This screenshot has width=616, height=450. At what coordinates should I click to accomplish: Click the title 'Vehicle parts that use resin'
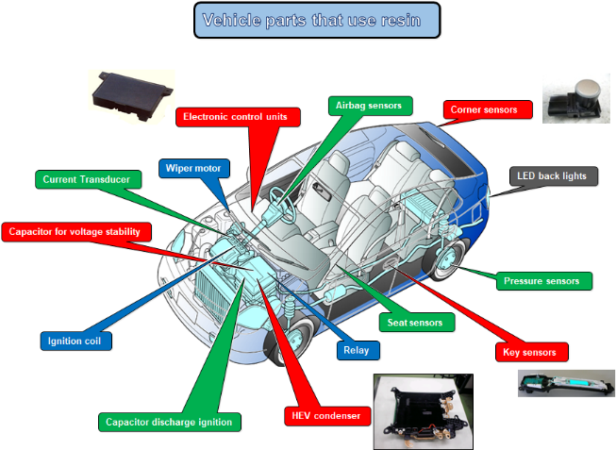coord(318,20)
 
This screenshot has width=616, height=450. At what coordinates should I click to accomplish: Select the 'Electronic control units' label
coord(237,116)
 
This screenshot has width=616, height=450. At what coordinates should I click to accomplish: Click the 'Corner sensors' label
coord(483,109)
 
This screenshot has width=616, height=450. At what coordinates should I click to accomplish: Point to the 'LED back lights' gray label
coord(553,175)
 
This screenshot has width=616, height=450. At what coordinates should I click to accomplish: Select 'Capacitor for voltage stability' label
coord(75,231)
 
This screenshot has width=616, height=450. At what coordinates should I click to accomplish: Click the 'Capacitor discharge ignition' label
coord(169,422)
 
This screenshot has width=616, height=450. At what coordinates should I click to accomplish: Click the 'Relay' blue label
coord(358,351)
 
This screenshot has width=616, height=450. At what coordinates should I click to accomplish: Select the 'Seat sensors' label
coord(414,322)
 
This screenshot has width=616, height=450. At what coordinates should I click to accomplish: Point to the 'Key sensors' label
coord(531,352)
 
